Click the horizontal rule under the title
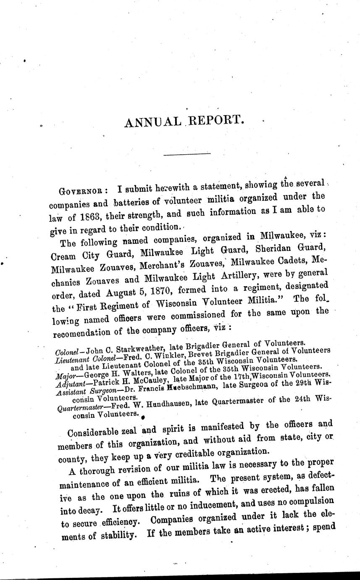tap(187, 155)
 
